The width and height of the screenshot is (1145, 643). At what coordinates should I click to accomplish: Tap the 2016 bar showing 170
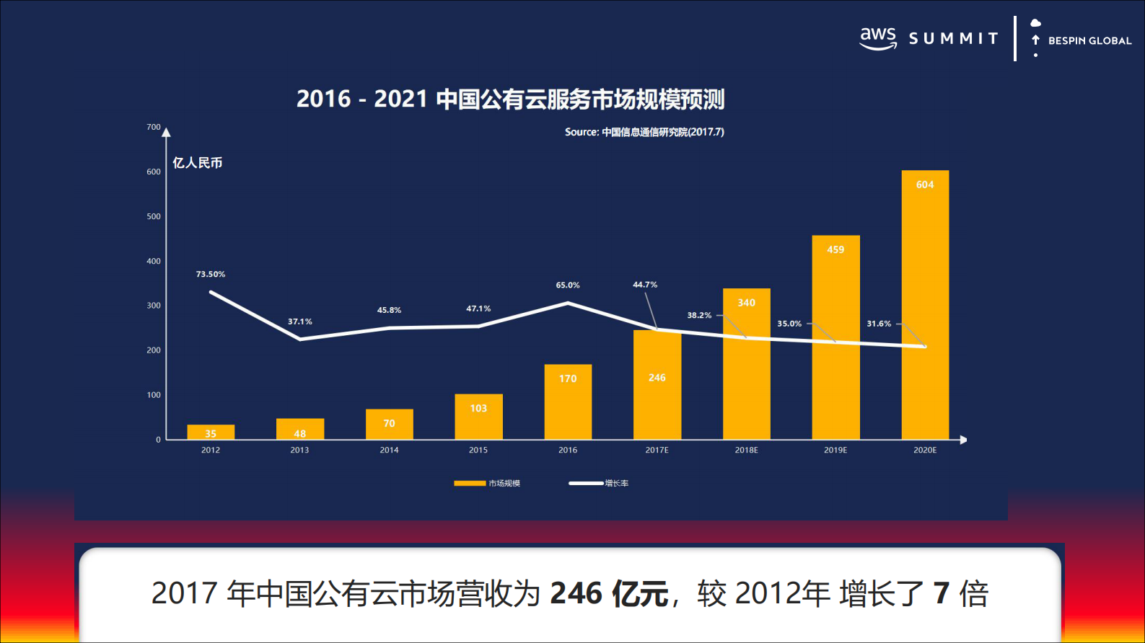pos(568,404)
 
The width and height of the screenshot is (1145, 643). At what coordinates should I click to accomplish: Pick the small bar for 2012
pos(211,432)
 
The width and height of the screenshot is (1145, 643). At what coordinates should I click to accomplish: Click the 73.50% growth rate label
pos(211,275)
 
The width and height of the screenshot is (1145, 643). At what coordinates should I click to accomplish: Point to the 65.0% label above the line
pos(568,285)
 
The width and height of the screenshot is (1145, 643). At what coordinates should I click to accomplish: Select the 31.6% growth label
pos(879,324)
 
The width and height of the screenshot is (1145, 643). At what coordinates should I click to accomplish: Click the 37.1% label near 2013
pos(300,321)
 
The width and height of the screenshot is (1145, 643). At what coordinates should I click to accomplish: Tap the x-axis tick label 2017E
pos(657,450)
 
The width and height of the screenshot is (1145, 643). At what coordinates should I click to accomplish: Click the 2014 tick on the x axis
pos(389,450)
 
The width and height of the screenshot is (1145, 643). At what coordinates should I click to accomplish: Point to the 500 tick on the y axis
pos(154,216)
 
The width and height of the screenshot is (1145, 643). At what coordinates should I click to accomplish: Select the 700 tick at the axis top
pos(154,127)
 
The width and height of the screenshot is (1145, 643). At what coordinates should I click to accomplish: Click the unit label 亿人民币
pos(197,163)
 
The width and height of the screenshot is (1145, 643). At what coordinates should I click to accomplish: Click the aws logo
pos(878,38)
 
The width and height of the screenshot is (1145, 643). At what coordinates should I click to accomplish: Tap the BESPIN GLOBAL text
pos(1089,41)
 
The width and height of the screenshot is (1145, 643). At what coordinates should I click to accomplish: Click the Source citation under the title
pos(644,132)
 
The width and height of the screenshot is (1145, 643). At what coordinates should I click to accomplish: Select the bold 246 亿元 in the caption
pos(610,594)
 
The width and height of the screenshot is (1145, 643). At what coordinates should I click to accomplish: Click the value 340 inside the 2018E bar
pos(746,303)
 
